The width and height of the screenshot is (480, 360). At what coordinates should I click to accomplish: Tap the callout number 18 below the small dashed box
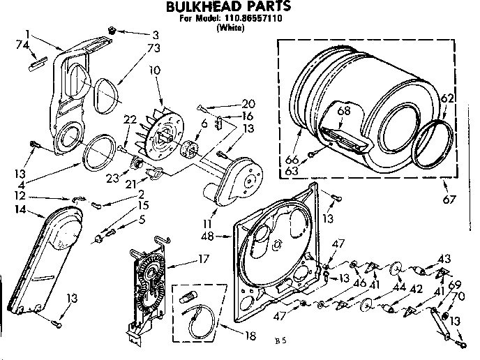[249, 336]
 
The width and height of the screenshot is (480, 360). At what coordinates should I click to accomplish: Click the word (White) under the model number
[230, 29]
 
